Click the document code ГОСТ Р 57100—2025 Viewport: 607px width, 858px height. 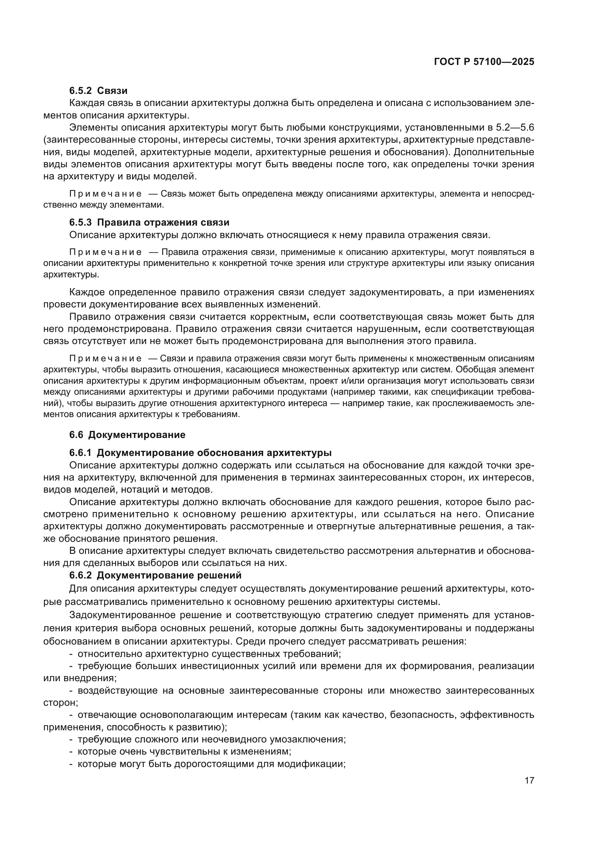tap(484, 62)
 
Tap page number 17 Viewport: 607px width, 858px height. tap(529, 780)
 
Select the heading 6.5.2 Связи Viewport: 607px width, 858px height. tap(98, 91)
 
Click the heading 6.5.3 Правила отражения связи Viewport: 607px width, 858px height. tap(149, 222)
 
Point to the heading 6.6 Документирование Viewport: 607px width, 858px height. tap(127, 435)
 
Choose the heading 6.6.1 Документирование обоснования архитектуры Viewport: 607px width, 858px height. tap(200, 453)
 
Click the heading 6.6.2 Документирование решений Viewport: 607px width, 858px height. tap(155, 575)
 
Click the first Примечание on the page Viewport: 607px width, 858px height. tap(105, 194)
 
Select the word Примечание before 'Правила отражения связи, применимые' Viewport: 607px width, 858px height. tap(105, 252)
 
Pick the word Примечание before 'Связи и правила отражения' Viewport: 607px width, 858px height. tap(105, 358)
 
